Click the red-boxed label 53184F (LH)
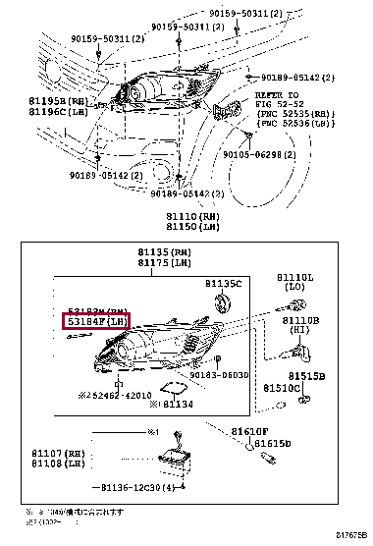coord(97,321)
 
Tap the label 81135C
coord(223,283)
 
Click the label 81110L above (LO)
coord(295,278)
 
